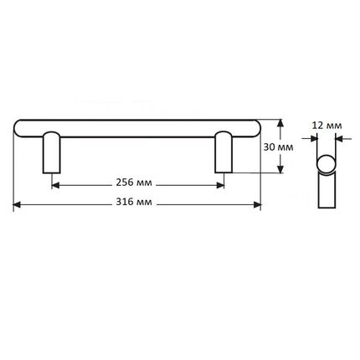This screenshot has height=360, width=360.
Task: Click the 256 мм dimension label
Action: tap(134, 183)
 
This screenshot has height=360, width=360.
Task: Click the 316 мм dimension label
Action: tap(134, 202)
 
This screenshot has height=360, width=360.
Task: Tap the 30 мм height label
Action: tap(278, 147)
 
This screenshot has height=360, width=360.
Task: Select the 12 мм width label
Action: tap(327, 126)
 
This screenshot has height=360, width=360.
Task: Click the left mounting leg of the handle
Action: tap(52, 152)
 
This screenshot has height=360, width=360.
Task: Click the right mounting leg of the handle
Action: tap(224, 152)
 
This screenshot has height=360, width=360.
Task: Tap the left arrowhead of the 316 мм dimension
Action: tap(17, 205)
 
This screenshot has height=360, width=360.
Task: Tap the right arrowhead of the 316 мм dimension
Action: tap(257, 205)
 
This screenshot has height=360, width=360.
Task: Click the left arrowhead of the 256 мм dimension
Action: tap(56, 185)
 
